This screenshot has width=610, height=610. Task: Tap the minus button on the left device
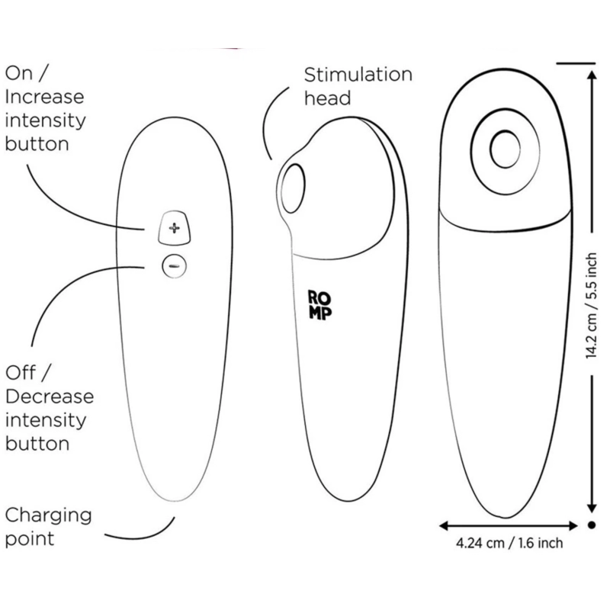tap(174, 266)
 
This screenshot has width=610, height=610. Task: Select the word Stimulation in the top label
tap(358, 75)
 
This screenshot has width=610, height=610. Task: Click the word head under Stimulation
tap(327, 98)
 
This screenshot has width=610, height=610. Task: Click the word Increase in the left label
tap(45, 98)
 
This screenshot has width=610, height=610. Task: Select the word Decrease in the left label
tap(50, 396)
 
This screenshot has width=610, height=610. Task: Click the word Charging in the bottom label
tap(49, 515)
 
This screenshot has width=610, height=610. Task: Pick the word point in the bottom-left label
tap(30, 539)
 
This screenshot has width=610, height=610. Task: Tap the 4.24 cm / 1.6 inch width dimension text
tap(509, 544)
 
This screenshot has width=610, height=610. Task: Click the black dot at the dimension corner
tap(591, 525)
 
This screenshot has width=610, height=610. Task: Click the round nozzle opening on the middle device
tap(292, 185)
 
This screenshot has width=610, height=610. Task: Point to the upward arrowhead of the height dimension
tap(591, 69)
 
